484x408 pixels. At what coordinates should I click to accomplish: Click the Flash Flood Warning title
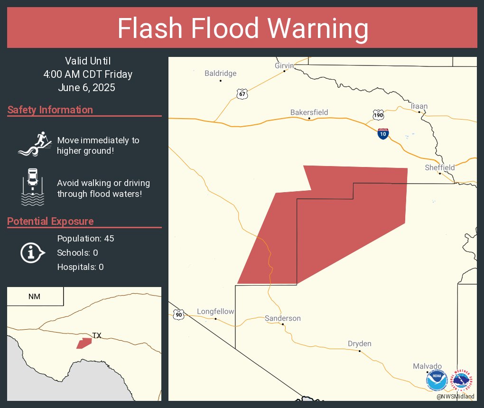coord(242,28)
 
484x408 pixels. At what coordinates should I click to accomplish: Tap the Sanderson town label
coord(283,318)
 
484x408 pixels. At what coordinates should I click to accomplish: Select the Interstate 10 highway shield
coord(383,133)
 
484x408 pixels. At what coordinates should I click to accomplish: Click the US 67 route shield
coord(242,94)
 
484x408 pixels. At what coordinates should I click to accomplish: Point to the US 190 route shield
coord(378,115)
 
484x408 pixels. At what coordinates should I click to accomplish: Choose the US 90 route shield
coord(178,314)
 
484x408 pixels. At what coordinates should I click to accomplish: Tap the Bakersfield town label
coord(309,112)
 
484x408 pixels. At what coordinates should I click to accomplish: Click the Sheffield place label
coord(439,167)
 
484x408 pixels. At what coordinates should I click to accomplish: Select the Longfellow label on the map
coord(215,312)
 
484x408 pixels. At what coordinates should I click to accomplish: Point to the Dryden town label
coord(359,344)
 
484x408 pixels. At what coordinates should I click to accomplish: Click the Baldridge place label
coord(220,74)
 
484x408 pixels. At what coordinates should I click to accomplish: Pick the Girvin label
coord(284,65)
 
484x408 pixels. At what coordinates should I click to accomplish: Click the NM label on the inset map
coord(34,297)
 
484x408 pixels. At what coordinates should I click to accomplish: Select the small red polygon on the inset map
coord(84,343)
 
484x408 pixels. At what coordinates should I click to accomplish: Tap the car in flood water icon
coord(33,186)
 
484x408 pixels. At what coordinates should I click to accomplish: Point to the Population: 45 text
coord(85,238)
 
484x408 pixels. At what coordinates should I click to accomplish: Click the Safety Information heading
coord(50,110)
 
